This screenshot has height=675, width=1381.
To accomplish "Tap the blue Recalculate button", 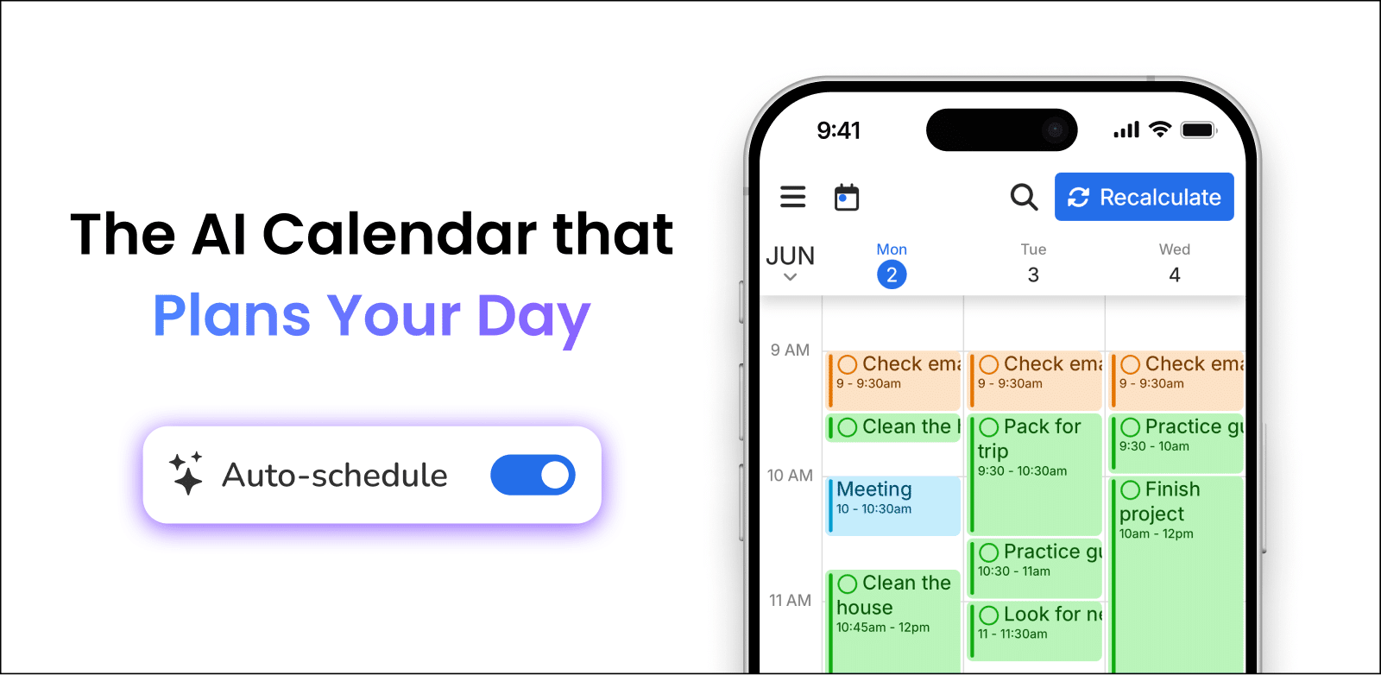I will [x=1144, y=197].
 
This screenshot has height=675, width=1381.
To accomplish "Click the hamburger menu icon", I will [x=792, y=197].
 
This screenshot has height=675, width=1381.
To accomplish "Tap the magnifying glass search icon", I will [x=1024, y=197].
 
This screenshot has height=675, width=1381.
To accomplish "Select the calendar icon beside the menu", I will [x=847, y=197].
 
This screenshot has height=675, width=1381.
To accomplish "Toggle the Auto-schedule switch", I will [x=533, y=475].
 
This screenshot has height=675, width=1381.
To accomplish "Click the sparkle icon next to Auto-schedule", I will [x=186, y=473].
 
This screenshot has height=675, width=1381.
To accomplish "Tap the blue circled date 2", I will [x=892, y=275].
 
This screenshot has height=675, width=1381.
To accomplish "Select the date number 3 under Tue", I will [x=1033, y=275].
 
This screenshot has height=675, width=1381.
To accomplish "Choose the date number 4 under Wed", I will [x=1175, y=275].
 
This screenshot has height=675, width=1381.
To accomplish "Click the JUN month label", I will [x=790, y=256].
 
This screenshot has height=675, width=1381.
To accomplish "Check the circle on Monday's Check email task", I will [x=848, y=364].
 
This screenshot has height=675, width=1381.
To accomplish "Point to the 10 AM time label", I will [x=790, y=476].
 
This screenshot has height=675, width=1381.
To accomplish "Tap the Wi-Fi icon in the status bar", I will [x=1160, y=129].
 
